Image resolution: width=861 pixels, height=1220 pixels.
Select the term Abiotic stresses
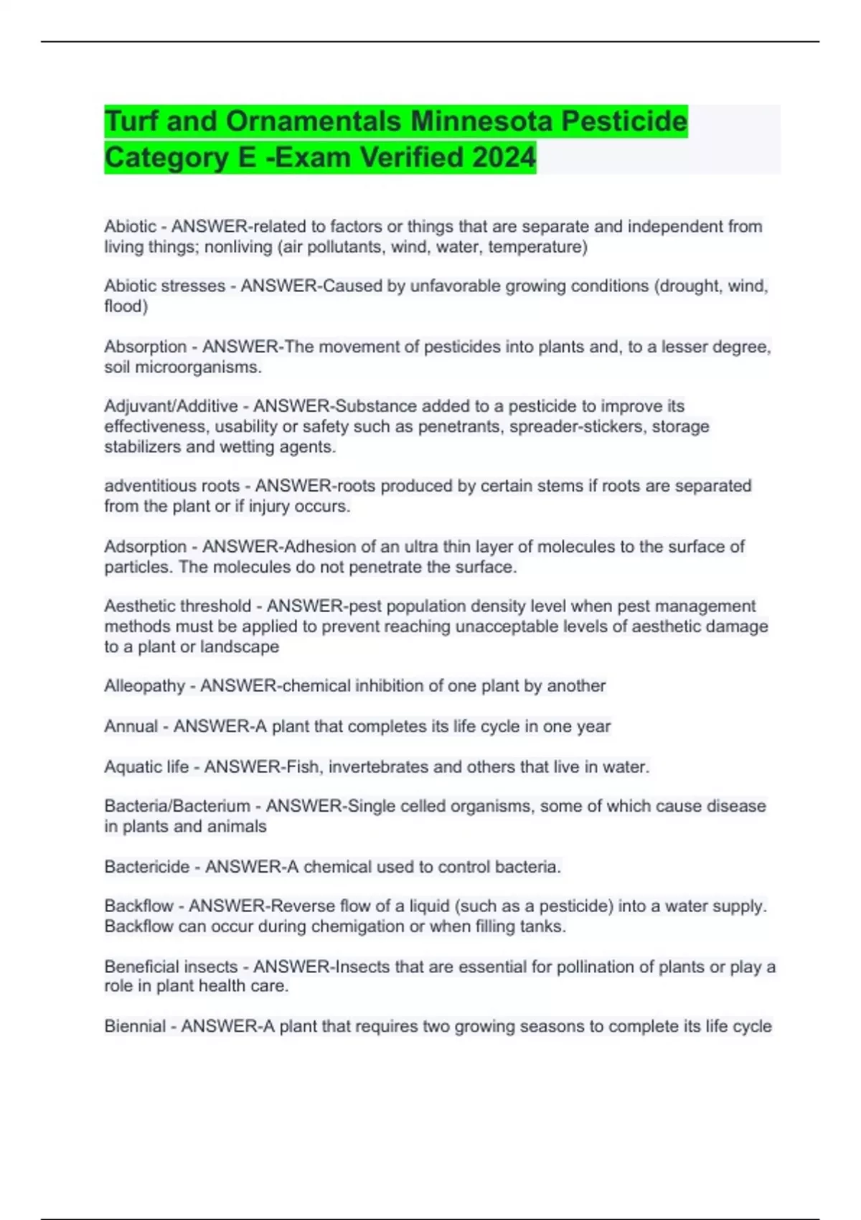pos(164,286)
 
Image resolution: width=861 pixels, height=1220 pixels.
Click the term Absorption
pos(145,347)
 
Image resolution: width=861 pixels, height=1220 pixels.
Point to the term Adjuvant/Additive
pos(171,406)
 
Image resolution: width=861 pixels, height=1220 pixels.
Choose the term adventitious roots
pos(171,486)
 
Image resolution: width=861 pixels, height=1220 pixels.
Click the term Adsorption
pos(145,547)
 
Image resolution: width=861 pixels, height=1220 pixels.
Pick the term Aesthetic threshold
pos(177,606)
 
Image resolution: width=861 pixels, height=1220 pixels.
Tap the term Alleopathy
pos(144,686)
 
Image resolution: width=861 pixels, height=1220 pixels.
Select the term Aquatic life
pos(146,767)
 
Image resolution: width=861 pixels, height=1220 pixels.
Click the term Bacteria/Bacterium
pos(177,807)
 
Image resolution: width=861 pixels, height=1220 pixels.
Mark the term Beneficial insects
pos(171,967)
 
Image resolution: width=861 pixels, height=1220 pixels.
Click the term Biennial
pos(135,1026)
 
